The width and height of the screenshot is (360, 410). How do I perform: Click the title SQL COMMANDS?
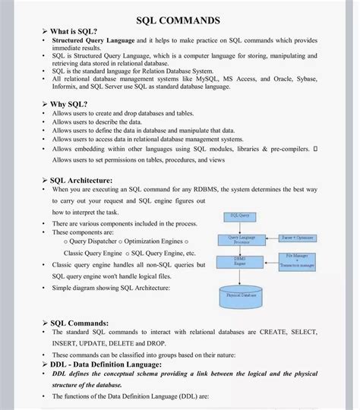[x=178, y=20]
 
